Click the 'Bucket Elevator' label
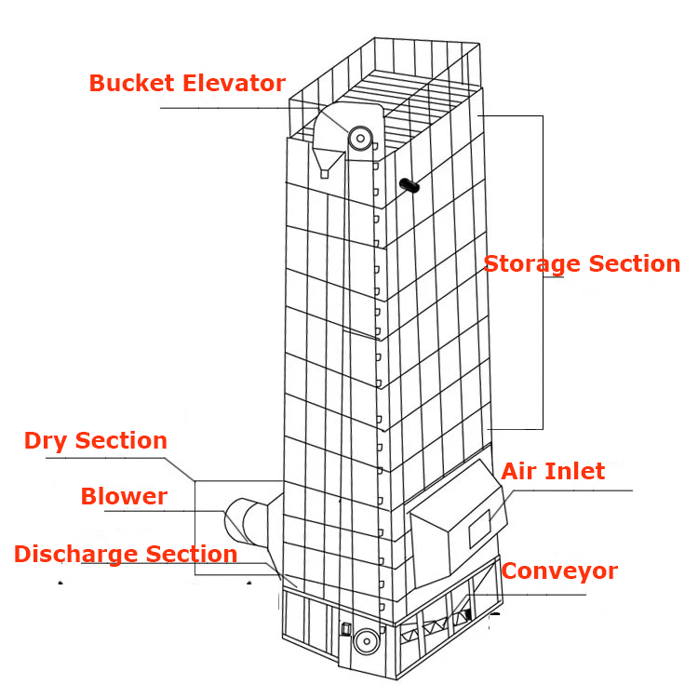click(187, 84)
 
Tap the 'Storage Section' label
click(582, 264)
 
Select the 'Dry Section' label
click(96, 441)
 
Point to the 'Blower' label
click(124, 497)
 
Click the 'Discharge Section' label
click(126, 555)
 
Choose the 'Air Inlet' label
click(553, 472)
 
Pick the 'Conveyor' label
click(558, 571)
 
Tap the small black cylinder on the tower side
click(409, 186)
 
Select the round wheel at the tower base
click(367, 641)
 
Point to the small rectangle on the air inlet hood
click(478, 529)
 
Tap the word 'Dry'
click(45, 441)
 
